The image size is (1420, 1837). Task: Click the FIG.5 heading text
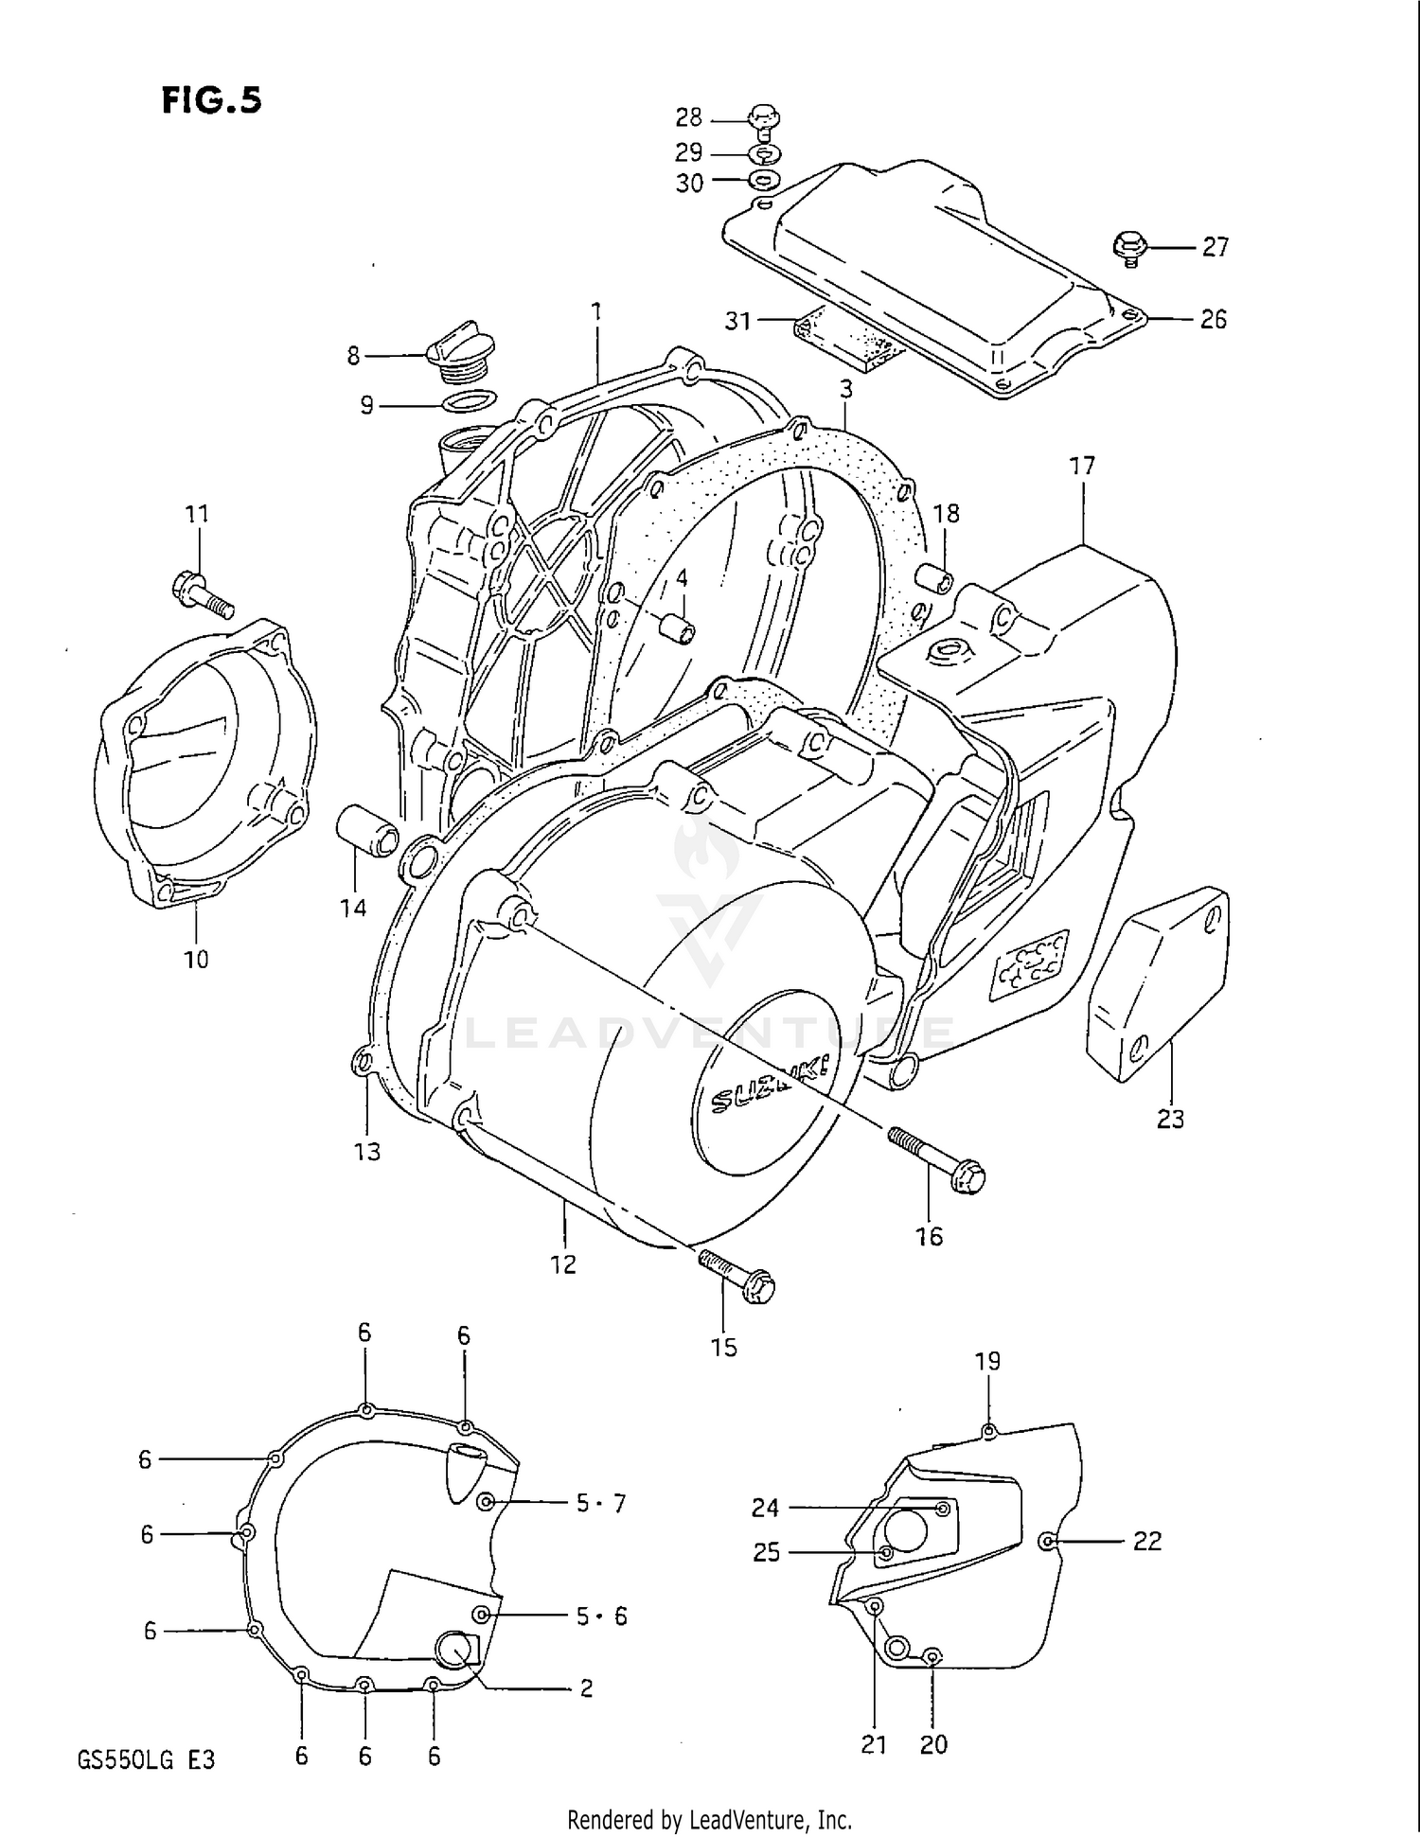[x=211, y=99]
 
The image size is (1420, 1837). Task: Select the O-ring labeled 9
[x=470, y=402]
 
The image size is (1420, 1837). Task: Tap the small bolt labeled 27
[x=1130, y=247]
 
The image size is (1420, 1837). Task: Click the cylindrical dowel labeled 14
[x=367, y=829]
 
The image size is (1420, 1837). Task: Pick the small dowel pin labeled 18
[x=935, y=579]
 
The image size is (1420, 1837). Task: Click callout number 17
[x=1082, y=466]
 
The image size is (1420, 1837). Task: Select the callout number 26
[x=1213, y=319]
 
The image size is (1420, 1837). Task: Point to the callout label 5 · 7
[x=600, y=1503]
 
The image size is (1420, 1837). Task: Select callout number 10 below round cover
[x=196, y=959]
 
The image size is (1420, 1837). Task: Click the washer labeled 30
[x=764, y=181]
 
